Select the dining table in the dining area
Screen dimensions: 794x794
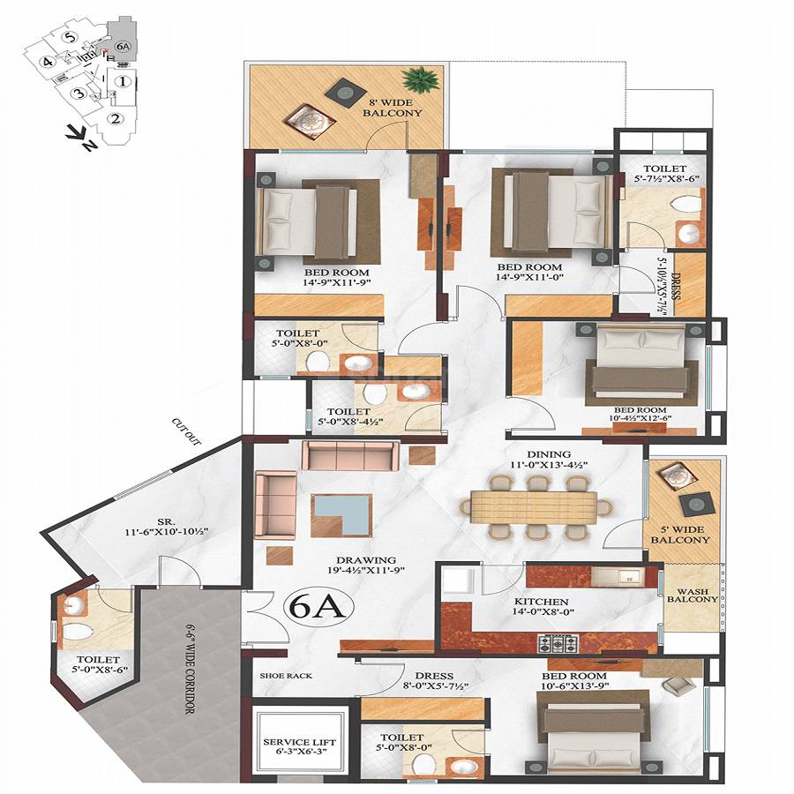coord(535,507)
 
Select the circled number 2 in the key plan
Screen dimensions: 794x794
coord(115,120)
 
